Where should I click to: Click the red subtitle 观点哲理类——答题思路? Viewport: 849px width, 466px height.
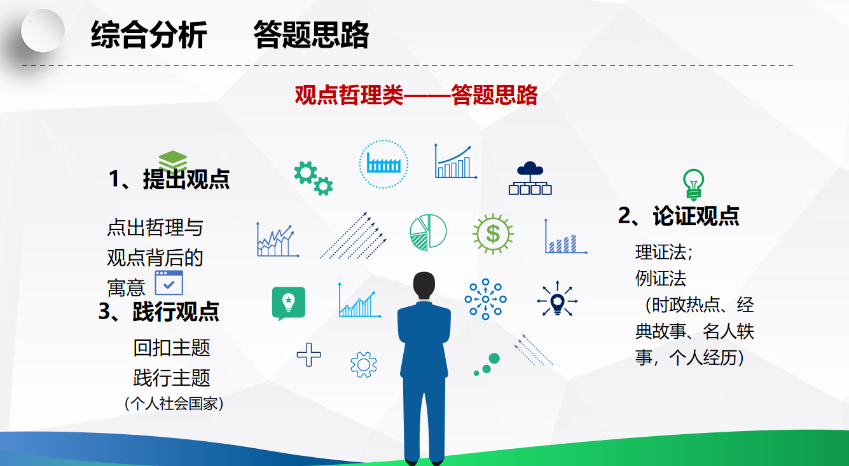pyautogui.click(x=416, y=95)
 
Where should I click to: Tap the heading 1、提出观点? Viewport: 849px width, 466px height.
pyautogui.click(x=169, y=179)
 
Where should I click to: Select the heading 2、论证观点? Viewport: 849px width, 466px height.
pyautogui.click(x=679, y=216)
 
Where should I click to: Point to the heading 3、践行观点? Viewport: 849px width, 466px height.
pyautogui.click(x=159, y=312)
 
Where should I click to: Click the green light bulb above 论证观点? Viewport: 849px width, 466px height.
pyautogui.click(x=693, y=184)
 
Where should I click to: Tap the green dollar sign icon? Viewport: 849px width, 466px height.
pyautogui.click(x=493, y=234)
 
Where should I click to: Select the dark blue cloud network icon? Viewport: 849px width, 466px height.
pyautogui.click(x=530, y=179)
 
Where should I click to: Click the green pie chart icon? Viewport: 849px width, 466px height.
pyautogui.click(x=428, y=232)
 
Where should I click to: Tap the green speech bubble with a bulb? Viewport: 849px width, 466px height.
pyautogui.click(x=289, y=303)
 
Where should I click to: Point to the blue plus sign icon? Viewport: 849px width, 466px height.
pyautogui.click(x=308, y=355)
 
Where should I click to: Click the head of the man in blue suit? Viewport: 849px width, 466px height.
pyautogui.click(x=424, y=285)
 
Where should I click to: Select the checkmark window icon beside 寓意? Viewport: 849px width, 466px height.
pyautogui.click(x=169, y=283)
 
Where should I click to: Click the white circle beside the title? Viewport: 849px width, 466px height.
pyautogui.click(x=43, y=31)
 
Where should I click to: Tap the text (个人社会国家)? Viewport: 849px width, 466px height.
pyautogui.click(x=174, y=404)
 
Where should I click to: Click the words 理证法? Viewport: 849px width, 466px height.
pyautogui.click(x=661, y=252)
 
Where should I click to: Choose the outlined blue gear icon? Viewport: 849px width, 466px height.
pyautogui.click(x=364, y=364)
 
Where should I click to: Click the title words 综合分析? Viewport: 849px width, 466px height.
pyautogui.click(x=149, y=35)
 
